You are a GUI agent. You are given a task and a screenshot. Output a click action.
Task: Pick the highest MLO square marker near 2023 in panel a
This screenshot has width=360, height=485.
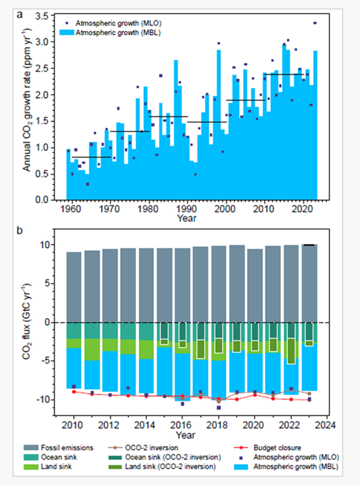(315, 23)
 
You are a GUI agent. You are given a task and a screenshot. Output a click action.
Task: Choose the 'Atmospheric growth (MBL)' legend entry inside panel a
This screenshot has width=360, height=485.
(112, 33)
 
